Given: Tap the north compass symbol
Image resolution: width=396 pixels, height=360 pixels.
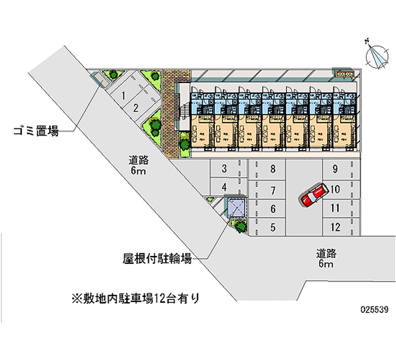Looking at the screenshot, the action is pyautogui.click(x=377, y=55).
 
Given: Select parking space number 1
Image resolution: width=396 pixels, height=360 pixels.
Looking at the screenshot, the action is pyautogui.click(x=123, y=95).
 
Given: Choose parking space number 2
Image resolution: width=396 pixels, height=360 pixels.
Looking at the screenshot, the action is pyautogui.click(x=135, y=108).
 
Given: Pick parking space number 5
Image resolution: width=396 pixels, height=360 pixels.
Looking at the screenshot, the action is pyautogui.click(x=273, y=228).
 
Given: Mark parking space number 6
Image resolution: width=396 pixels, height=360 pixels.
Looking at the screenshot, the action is pyautogui.click(x=273, y=209).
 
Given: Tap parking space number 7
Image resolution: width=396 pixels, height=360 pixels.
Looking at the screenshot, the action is pyautogui.click(x=273, y=190).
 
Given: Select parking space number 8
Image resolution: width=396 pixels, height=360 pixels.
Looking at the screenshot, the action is pyautogui.click(x=273, y=169).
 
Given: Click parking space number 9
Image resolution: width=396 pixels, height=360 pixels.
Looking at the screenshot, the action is pyautogui.click(x=335, y=169).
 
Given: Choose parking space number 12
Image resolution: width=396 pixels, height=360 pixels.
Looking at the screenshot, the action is pyautogui.click(x=335, y=227).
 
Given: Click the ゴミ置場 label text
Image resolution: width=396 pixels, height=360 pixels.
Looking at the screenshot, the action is pyautogui.click(x=36, y=132).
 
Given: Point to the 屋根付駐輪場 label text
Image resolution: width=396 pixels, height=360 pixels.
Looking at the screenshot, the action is pyautogui.click(x=157, y=258).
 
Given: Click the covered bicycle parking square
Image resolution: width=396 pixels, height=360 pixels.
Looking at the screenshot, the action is pyautogui.click(x=237, y=207).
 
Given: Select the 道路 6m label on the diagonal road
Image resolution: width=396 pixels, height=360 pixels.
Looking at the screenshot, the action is pyautogui.click(x=139, y=165).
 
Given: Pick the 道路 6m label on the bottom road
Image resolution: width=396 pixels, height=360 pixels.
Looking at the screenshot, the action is pyautogui.click(x=326, y=259).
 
